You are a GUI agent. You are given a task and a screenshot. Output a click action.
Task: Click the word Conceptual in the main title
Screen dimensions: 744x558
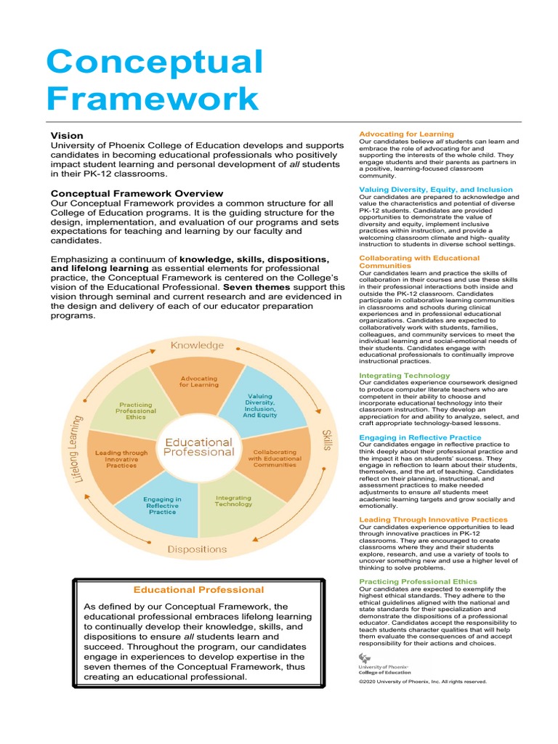pyautogui.click(x=154, y=60)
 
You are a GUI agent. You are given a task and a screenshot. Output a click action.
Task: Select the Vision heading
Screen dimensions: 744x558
pyautogui.click(x=66, y=136)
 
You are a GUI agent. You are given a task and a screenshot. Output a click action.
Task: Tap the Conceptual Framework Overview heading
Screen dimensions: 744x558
pyautogui.click(x=137, y=193)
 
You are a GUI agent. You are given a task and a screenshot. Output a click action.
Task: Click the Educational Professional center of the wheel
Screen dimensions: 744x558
pyautogui.click(x=198, y=446)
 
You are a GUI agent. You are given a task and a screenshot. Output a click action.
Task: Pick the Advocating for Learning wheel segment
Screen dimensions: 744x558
pyautogui.click(x=199, y=381)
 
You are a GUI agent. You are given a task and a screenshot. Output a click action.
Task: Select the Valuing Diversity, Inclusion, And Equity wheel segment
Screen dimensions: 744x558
pyautogui.click(x=259, y=408)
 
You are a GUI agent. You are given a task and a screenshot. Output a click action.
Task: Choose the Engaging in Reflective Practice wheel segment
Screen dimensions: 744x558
pyautogui.click(x=162, y=506)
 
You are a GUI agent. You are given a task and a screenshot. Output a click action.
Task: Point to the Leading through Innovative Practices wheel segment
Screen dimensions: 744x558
pyautogui.click(x=121, y=461)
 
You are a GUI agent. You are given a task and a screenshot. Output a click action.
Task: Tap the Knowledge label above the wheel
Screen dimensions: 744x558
pyautogui.click(x=198, y=346)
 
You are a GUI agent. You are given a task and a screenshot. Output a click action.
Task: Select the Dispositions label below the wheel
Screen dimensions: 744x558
pyautogui.click(x=197, y=549)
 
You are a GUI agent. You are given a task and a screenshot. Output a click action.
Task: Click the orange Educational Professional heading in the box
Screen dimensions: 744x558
pyautogui.click(x=198, y=590)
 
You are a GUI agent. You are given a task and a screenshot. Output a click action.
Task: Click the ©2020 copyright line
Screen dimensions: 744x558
pyautogui.click(x=422, y=682)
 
